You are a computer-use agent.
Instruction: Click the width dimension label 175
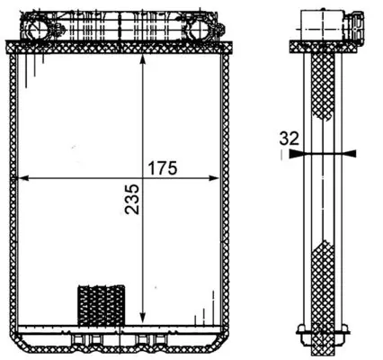[165, 167]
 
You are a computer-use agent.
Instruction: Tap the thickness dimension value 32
[288, 139]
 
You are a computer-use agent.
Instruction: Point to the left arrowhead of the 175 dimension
[24, 177]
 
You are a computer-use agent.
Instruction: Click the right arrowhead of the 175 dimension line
[213, 177]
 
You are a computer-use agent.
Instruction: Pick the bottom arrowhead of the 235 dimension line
[144, 316]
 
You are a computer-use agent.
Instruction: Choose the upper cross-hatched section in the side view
[322, 90]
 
